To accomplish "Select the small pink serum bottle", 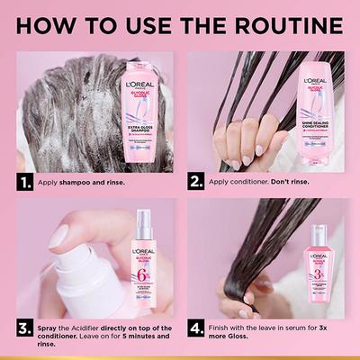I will [321, 270].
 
